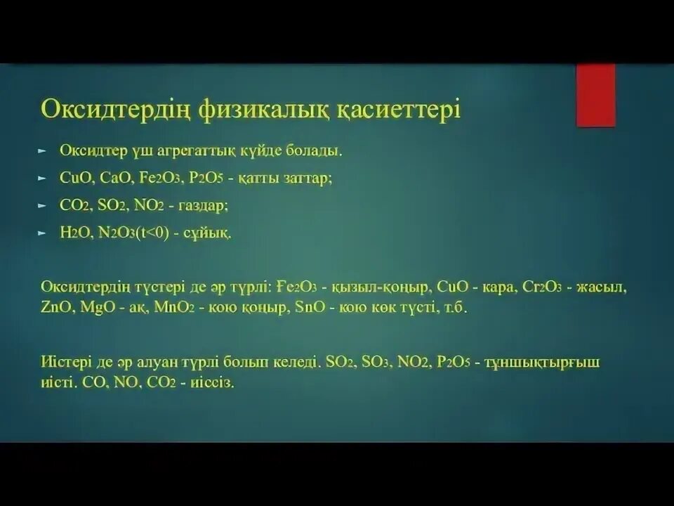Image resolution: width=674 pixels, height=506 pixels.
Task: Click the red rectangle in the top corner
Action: pyautogui.click(x=595, y=95)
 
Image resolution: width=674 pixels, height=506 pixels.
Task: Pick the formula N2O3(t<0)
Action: pyautogui.click(x=135, y=232)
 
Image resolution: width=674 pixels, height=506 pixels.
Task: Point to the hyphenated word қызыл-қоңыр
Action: pyautogui.click(x=376, y=287)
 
